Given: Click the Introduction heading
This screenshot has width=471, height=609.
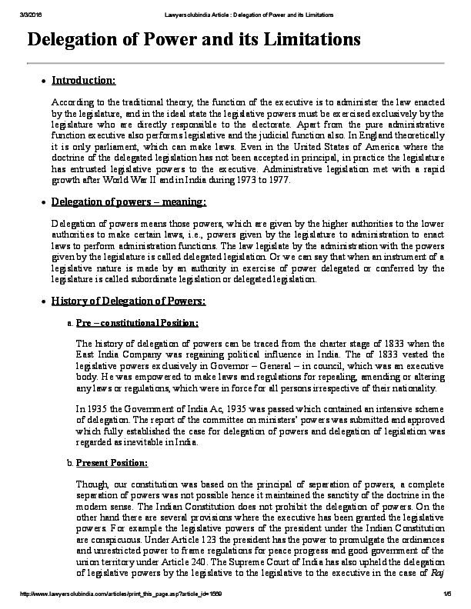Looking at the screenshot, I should click(x=83, y=80).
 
